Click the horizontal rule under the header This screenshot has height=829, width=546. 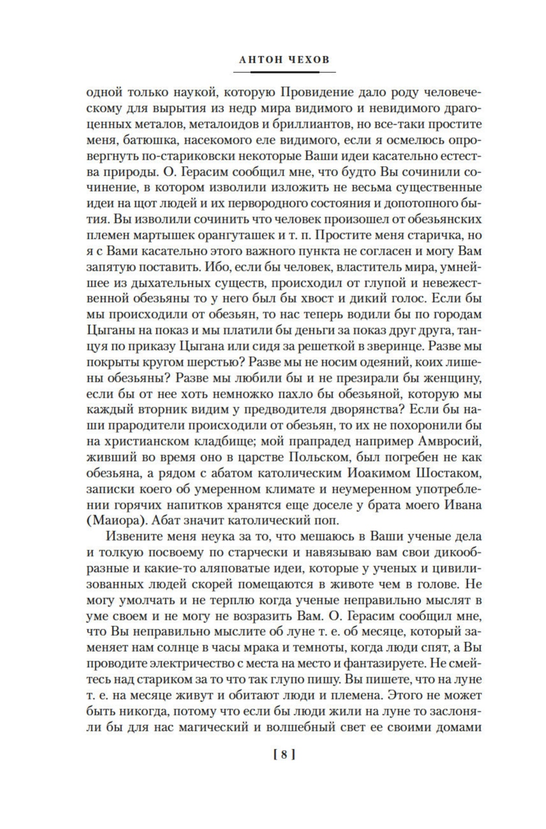click(284, 73)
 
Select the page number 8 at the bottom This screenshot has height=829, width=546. click(284, 755)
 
